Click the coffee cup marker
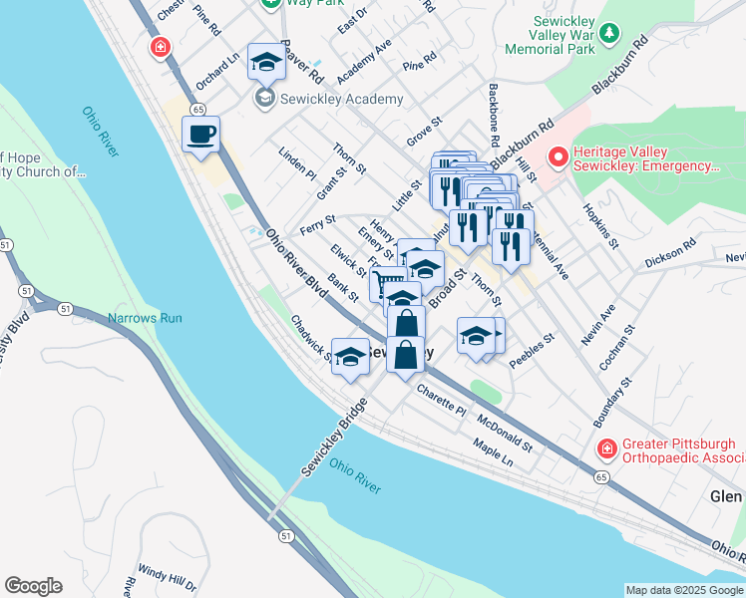pyautogui.click(x=200, y=135)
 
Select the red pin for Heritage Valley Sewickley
pyautogui.click(x=557, y=157)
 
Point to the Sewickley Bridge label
pyautogui.click(x=335, y=438)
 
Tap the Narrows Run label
pyautogui.click(x=145, y=319)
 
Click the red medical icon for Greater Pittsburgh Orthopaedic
pyautogui.click(x=605, y=450)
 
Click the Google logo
pyautogui.click(x=33, y=586)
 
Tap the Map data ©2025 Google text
pyautogui.click(x=683, y=590)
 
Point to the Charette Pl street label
pyautogui.click(x=442, y=400)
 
